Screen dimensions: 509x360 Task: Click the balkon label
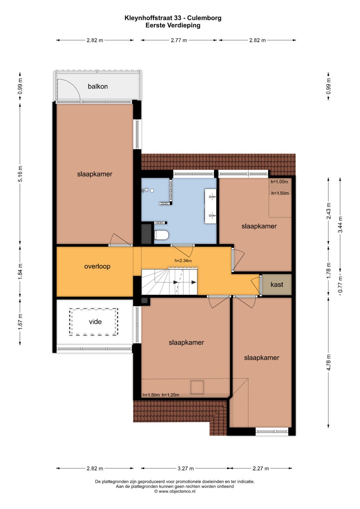[98, 86]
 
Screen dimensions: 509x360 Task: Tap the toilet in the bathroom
[162, 235]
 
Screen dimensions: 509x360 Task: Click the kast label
[277, 284]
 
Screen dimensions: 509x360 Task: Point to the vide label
[95, 322]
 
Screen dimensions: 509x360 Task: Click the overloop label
[97, 266]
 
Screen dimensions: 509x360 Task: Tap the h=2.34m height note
[183, 261]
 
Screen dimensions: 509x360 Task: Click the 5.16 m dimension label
[20, 174]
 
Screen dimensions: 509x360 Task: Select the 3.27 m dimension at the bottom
[185, 468]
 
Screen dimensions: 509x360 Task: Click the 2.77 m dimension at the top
[179, 40]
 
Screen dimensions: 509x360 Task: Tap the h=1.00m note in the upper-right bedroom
[279, 182]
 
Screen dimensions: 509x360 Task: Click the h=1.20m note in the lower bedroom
[170, 395]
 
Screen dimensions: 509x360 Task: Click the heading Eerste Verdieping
[173, 25]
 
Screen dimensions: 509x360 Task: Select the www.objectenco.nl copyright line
[175, 491]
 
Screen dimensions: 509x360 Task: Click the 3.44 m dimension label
[340, 225]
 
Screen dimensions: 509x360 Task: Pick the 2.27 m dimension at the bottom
[261, 468]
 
